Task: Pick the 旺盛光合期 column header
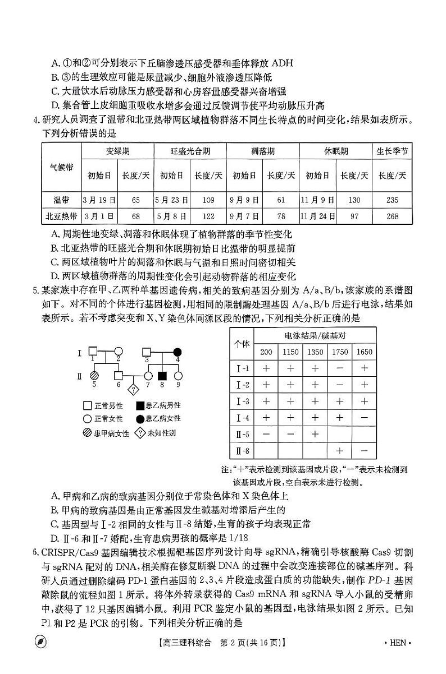[190, 151]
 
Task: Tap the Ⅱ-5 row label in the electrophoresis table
[242, 434]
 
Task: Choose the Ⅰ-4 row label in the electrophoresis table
[242, 418]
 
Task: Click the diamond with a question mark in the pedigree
[134, 389]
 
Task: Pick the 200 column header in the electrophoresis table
[266, 352]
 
